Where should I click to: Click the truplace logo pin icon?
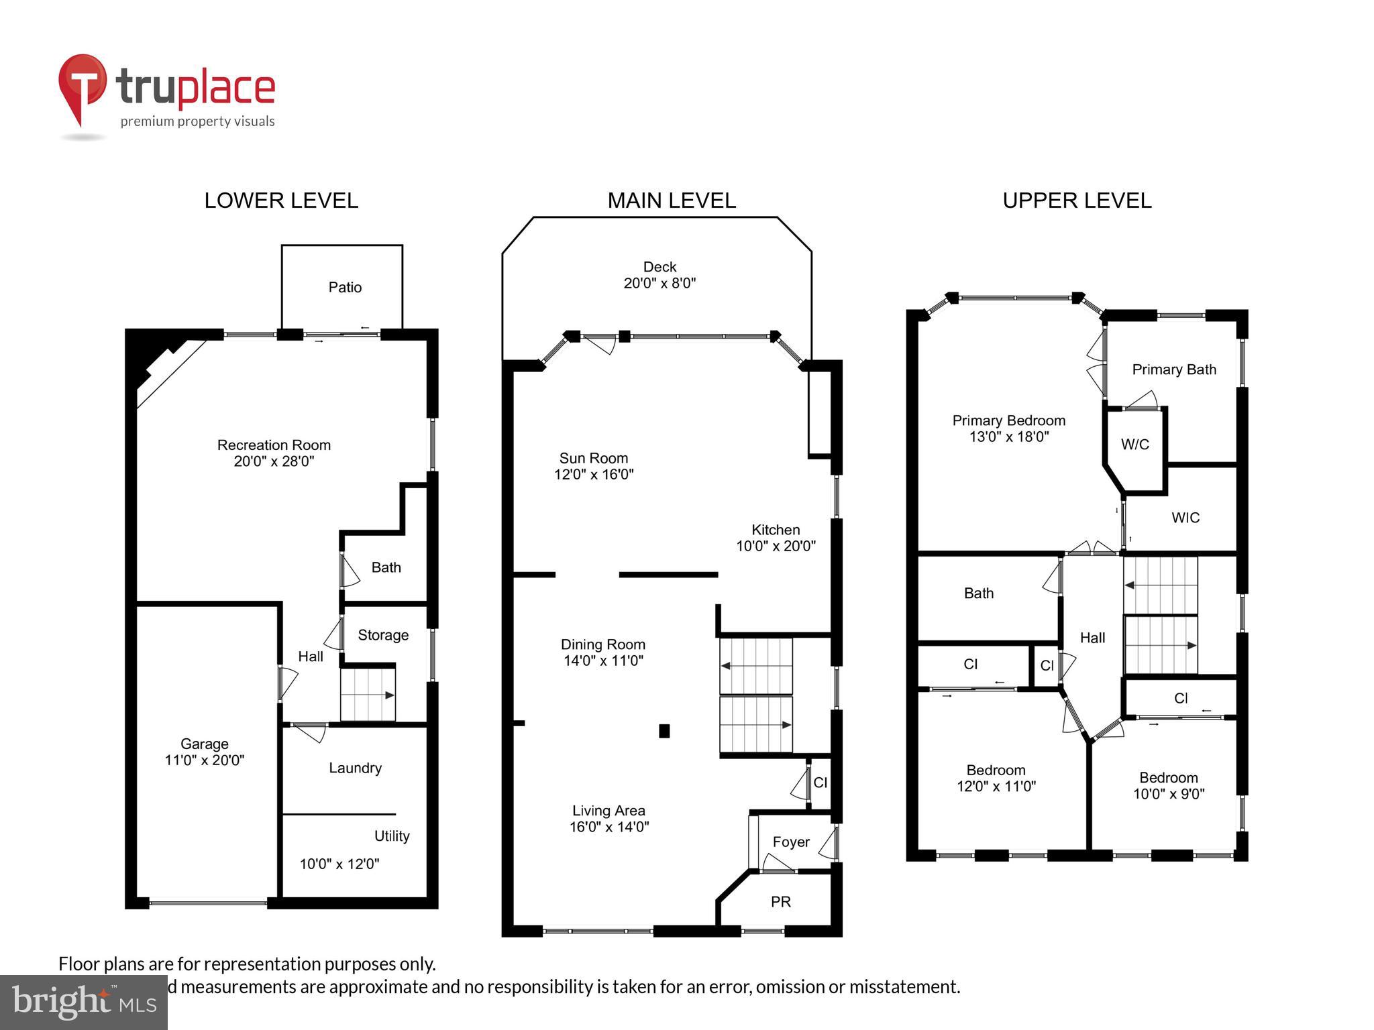tap(82, 87)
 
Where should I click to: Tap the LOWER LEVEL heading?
tap(281, 201)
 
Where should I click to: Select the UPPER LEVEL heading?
tap(1076, 201)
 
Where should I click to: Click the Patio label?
tap(345, 288)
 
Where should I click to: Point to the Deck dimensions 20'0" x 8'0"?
tap(659, 284)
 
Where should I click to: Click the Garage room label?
tap(204, 744)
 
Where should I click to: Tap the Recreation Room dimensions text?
tap(274, 461)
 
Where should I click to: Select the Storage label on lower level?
tap(382, 635)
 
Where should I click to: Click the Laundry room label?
tap(355, 768)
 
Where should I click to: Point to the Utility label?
tap(391, 836)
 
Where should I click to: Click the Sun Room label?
tap(593, 458)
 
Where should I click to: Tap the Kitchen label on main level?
tap(775, 530)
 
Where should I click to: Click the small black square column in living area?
tap(664, 731)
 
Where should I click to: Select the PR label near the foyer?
tap(780, 902)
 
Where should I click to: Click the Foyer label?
tap(790, 842)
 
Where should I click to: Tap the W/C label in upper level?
tap(1134, 444)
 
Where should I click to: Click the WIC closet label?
tap(1185, 518)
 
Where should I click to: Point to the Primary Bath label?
tap(1173, 369)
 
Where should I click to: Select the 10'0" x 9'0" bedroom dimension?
tap(1168, 794)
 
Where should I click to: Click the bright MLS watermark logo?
tap(84, 1002)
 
